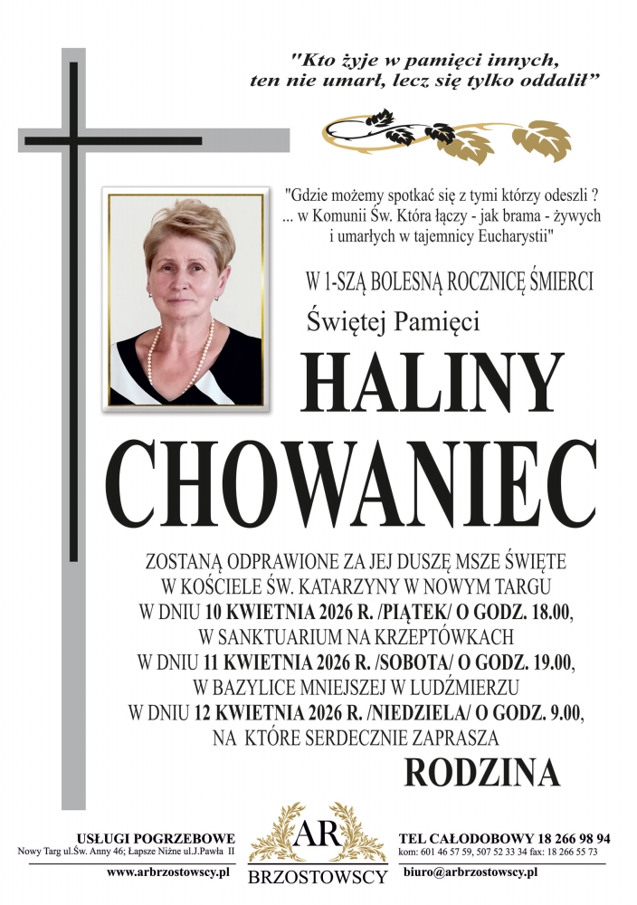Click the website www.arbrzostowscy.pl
(167, 872)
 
